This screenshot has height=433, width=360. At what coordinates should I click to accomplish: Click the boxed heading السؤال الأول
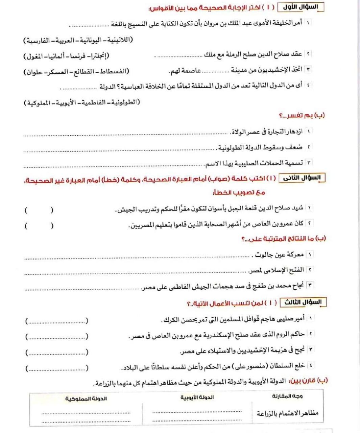pyautogui.click(x=301, y=7)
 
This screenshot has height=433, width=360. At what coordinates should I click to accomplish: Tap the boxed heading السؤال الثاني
pyautogui.click(x=302, y=178)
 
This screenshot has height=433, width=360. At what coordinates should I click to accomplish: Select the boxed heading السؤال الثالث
pyautogui.click(x=303, y=302)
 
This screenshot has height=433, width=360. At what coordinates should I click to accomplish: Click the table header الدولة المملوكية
pyautogui.click(x=86, y=398)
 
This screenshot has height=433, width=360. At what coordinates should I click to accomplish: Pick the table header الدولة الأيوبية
pyautogui.click(x=197, y=397)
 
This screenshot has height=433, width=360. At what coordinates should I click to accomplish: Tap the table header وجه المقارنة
pyautogui.click(x=287, y=396)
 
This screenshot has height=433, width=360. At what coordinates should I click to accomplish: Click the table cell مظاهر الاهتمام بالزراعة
pyautogui.click(x=287, y=413)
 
